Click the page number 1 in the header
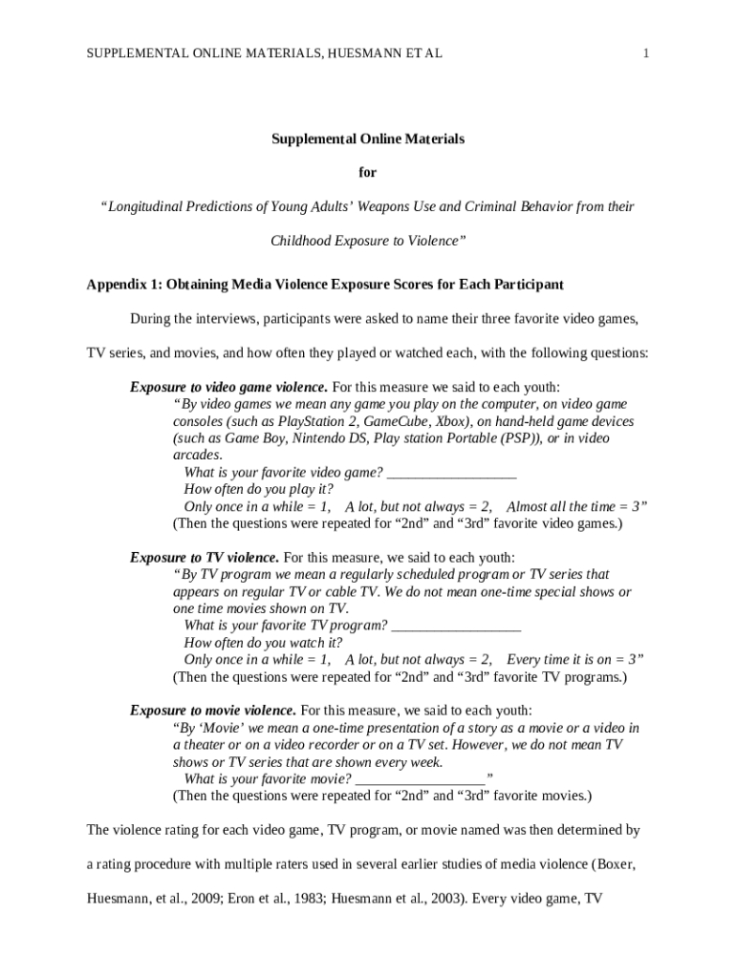click(x=646, y=53)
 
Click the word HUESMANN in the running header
click(x=360, y=53)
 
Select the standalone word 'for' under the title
click(x=367, y=173)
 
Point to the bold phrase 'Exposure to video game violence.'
click(x=228, y=387)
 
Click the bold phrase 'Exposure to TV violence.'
click(x=205, y=557)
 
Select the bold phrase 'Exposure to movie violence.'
click(x=212, y=711)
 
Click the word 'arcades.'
click(x=197, y=456)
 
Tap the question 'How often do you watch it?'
click(x=263, y=643)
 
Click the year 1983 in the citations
click(x=311, y=898)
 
